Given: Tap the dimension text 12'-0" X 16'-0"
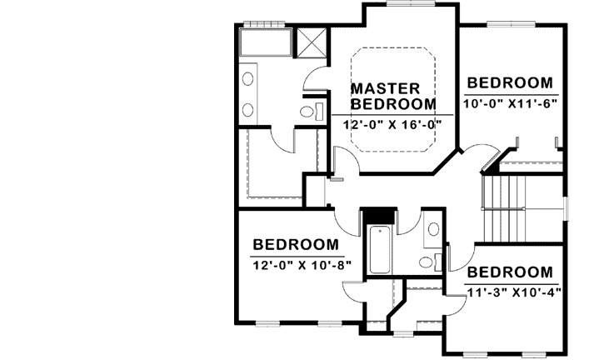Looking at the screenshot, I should pyautogui.click(x=392, y=124).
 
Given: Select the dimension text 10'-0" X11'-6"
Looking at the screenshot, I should pyautogui.click(x=510, y=103).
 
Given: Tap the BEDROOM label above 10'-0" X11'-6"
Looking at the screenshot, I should pyautogui.click(x=510, y=82).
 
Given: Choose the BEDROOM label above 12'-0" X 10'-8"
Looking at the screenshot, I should pyautogui.click(x=296, y=245).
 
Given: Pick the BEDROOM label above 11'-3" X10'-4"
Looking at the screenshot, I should pyautogui.click(x=510, y=272).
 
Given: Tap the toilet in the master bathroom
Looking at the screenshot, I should pyautogui.click(x=306, y=111).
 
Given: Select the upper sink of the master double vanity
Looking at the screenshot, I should pyautogui.click(x=247, y=79).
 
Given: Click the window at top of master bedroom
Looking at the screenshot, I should pyautogui.click(x=409, y=4).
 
